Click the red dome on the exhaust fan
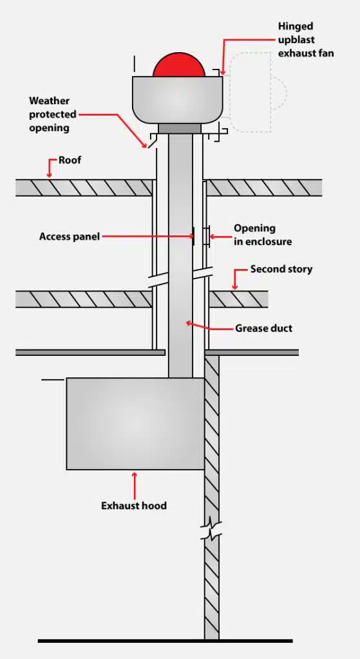(x=178, y=66)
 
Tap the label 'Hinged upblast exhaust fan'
(x=305, y=40)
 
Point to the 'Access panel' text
(x=70, y=236)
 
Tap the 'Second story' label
(x=281, y=269)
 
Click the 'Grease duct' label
(x=263, y=328)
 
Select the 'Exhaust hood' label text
(x=134, y=506)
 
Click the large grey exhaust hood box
(x=135, y=423)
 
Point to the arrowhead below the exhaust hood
(x=134, y=476)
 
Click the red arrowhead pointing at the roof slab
(x=49, y=172)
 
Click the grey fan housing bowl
(x=178, y=100)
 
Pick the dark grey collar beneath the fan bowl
(x=180, y=129)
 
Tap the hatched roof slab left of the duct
(x=84, y=187)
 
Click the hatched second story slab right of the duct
(x=238, y=299)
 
